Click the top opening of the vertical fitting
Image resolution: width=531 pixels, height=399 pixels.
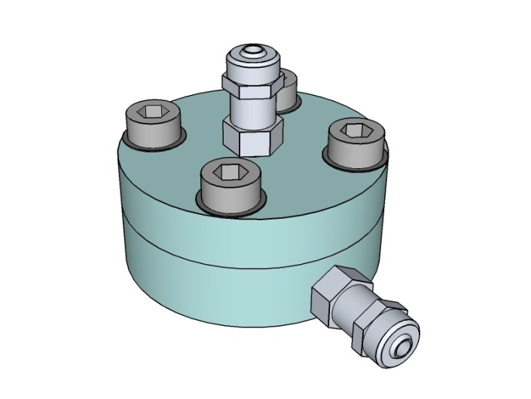251,53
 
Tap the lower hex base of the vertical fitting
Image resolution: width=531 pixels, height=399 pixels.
252,139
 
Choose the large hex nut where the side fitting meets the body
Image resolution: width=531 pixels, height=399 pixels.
334,293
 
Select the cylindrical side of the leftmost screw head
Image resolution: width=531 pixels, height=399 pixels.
153,133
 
